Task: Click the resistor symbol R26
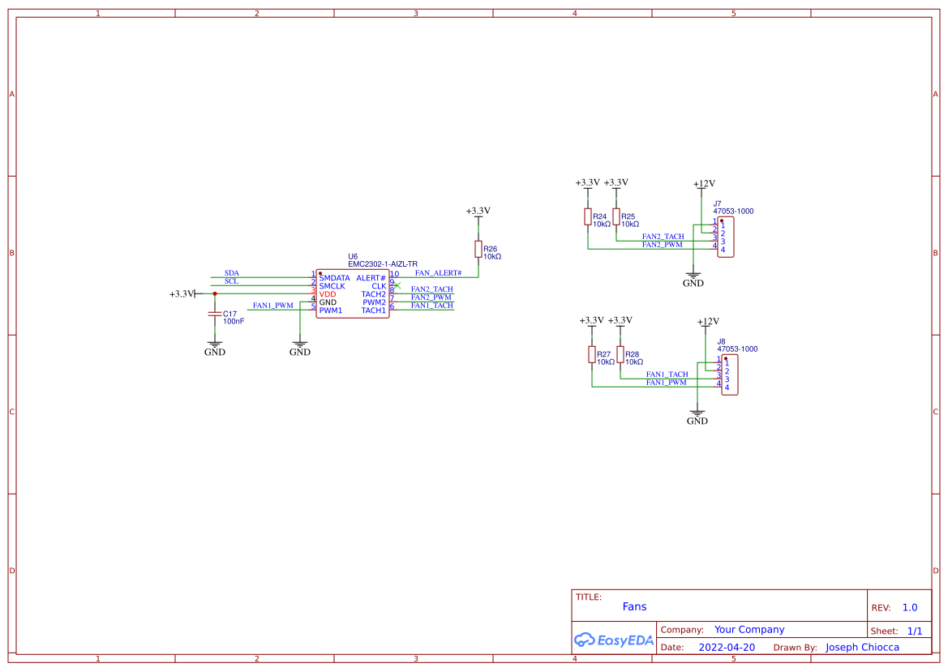pyautogui.click(x=478, y=249)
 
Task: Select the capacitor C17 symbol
pyautogui.click(x=215, y=313)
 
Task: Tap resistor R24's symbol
pyautogui.click(x=588, y=216)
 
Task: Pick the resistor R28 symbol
pyautogui.click(x=620, y=354)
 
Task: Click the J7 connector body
pyautogui.click(x=727, y=237)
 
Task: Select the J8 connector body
pyautogui.click(x=730, y=375)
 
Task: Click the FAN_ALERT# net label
pyautogui.click(x=438, y=273)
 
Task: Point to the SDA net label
pyautogui.click(x=232, y=273)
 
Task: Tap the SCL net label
pyautogui.click(x=232, y=281)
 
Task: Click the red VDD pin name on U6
pyautogui.click(x=328, y=294)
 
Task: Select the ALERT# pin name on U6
pyautogui.click(x=371, y=278)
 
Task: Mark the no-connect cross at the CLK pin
pyautogui.click(x=397, y=285)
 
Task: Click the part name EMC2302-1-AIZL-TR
pyautogui.click(x=383, y=264)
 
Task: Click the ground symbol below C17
pyautogui.click(x=215, y=347)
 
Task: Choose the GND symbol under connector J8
pyautogui.click(x=697, y=417)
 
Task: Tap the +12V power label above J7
pyautogui.click(x=704, y=184)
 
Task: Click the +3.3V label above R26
pyautogui.click(x=478, y=211)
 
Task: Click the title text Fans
pyautogui.click(x=634, y=606)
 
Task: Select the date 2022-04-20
pyautogui.click(x=727, y=648)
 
